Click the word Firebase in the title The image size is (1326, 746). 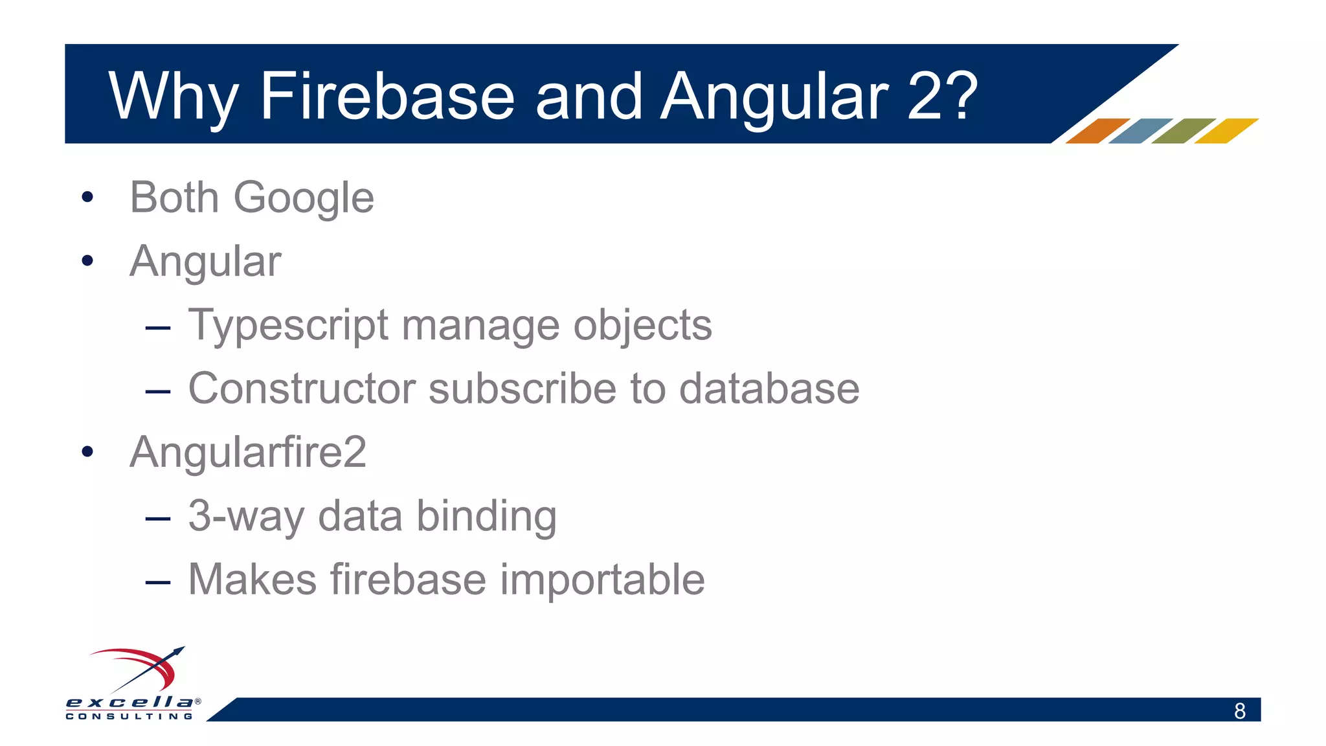pos(387,96)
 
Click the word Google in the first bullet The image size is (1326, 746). pos(304,198)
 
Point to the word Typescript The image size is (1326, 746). pos(288,326)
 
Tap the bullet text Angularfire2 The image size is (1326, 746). pos(248,452)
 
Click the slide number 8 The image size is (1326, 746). pos(1239,711)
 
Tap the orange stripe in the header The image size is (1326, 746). pos(1097,131)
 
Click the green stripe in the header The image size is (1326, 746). pos(1183,131)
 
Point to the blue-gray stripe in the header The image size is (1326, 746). pos(1140,131)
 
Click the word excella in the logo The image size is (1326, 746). pos(129,702)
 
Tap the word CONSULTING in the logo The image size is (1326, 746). pos(129,716)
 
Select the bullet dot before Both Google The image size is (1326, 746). pos(87,198)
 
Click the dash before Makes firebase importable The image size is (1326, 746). pos(158,582)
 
